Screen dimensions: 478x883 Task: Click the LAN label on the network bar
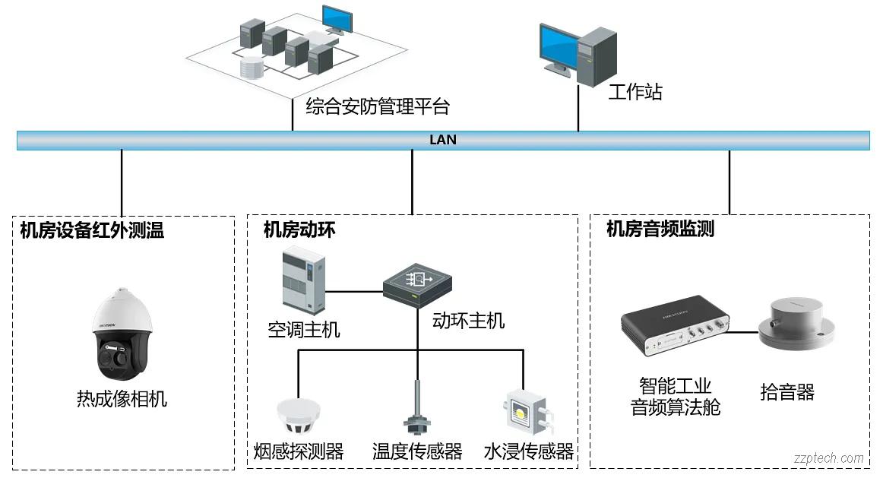443,140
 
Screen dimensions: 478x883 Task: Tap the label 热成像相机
122,398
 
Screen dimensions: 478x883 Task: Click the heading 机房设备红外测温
92,230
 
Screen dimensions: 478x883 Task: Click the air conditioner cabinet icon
302,281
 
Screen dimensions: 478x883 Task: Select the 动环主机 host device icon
418,285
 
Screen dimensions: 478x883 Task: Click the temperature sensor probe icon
416,410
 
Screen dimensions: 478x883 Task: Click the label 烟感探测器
298,452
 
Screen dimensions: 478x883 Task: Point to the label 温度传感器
417,452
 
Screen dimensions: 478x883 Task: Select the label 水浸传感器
529,452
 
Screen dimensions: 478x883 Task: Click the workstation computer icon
578,53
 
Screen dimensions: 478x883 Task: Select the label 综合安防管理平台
377,106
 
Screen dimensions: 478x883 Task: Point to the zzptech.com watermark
828,458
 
